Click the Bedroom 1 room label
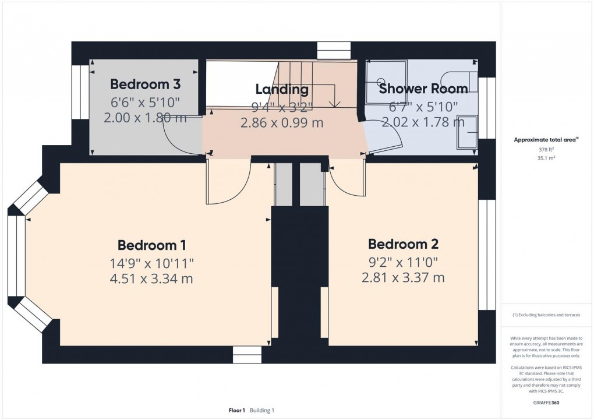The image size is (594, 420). pyautogui.click(x=151, y=245)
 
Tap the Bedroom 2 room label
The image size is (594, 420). pyautogui.click(x=403, y=243)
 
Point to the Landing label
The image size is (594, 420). pyautogui.click(x=281, y=89)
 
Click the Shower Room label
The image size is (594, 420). pyautogui.click(x=423, y=89)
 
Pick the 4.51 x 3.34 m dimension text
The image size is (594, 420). pyautogui.click(x=151, y=278)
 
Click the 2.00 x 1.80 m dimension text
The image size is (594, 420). pyautogui.click(x=145, y=118)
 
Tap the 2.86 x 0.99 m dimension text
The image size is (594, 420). pyautogui.click(x=281, y=123)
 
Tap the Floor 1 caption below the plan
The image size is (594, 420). pyautogui.click(x=236, y=410)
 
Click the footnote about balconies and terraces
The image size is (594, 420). pyautogui.click(x=546, y=315)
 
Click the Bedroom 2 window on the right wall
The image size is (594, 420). pyautogui.click(x=483, y=255)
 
